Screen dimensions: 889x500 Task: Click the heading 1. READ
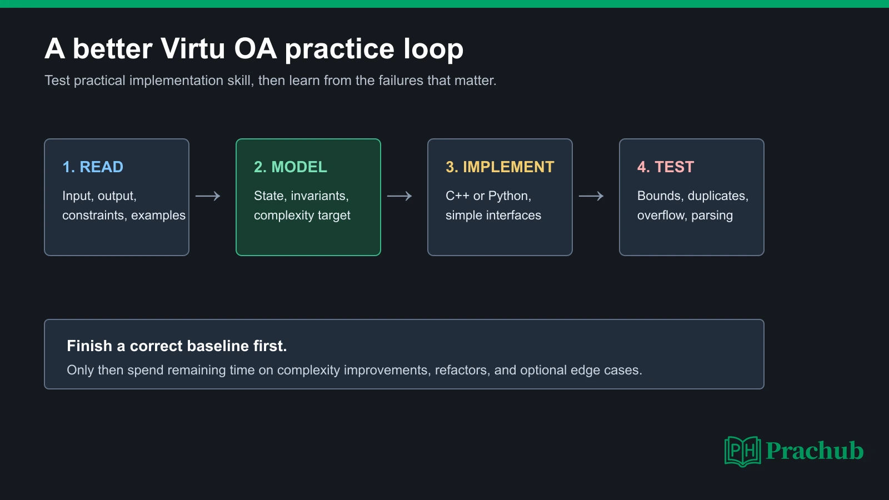point(93,167)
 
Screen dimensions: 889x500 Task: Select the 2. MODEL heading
point(291,167)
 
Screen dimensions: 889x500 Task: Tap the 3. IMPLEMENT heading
point(500,167)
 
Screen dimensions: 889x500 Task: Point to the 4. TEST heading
point(666,167)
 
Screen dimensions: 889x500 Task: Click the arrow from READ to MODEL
point(208,196)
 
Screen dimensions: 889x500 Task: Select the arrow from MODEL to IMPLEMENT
point(399,196)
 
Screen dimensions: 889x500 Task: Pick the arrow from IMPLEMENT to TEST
point(591,196)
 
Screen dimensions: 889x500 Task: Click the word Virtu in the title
point(193,49)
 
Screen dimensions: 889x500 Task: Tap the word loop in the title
point(433,50)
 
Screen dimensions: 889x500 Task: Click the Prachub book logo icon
point(742,451)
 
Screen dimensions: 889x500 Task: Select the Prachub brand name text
point(815,451)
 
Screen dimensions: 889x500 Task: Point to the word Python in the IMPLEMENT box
point(510,196)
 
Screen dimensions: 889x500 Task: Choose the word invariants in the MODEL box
point(319,196)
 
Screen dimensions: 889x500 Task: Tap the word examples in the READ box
point(158,216)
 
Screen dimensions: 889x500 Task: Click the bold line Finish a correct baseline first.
point(177,346)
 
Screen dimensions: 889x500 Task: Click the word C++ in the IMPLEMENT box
point(457,196)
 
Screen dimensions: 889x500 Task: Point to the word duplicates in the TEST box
point(718,196)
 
